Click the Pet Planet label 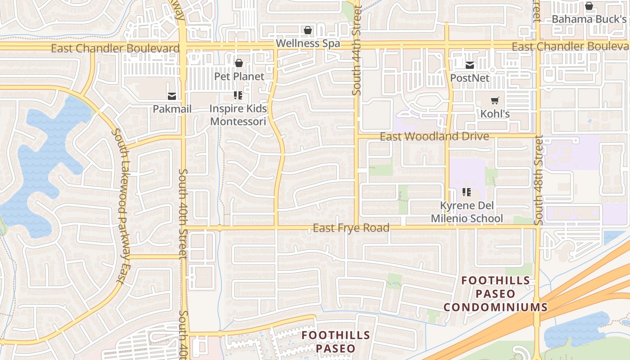(x=239, y=76)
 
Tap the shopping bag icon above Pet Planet (x=239, y=63)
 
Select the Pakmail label (x=172, y=109)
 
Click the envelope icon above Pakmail (x=172, y=96)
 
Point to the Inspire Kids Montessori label (x=238, y=115)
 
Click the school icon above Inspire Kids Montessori (x=238, y=95)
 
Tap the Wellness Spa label (x=308, y=44)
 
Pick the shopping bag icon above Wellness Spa (x=308, y=30)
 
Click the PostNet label (x=470, y=78)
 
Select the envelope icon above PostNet (x=470, y=65)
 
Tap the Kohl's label (x=495, y=114)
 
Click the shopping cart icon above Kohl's (x=495, y=101)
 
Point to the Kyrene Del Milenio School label (x=467, y=212)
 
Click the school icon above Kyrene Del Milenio (x=467, y=193)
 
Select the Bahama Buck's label (x=589, y=19)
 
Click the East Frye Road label (x=351, y=228)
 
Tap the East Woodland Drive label (x=434, y=136)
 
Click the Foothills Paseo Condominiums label (x=495, y=294)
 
